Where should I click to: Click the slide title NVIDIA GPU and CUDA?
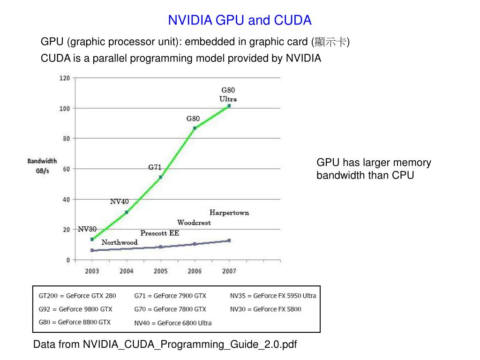pos(240,20)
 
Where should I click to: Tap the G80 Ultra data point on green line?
pos(229,106)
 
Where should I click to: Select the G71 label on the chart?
pos(155,167)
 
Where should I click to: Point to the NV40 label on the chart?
pos(119,202)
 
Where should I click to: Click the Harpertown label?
pos(229,213)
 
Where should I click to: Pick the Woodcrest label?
pos(194,223)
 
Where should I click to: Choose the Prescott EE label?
pos(160,233)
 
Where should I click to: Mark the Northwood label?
pos(120,242)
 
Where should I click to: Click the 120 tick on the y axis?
pos(64,78)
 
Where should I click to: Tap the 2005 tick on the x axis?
pos(160,271)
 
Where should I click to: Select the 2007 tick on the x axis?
pos(229,271)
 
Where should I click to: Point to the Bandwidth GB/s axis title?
pos(42,166)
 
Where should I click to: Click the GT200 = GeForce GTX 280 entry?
pos(77,296)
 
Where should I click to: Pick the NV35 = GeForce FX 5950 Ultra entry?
pos(273,296)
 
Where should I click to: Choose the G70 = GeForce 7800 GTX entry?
pos(170,309)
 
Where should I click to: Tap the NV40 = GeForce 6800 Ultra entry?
pos(173,323)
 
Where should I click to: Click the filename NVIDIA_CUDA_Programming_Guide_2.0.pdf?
pos(190,345)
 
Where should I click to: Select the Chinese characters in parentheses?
pos(331,42)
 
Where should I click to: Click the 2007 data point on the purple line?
pos(229,240)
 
